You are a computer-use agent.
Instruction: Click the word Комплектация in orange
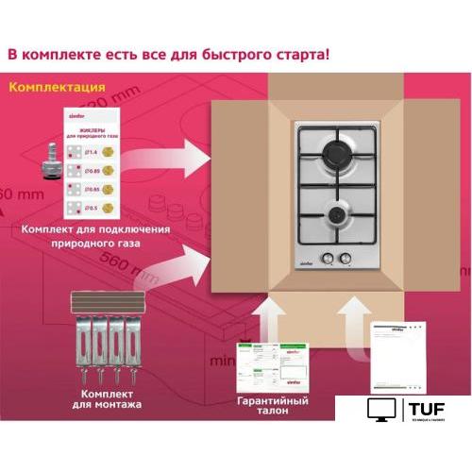point(57,88)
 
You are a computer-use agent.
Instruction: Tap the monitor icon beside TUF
point(382,411)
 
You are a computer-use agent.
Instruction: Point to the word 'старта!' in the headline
point(296,54)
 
